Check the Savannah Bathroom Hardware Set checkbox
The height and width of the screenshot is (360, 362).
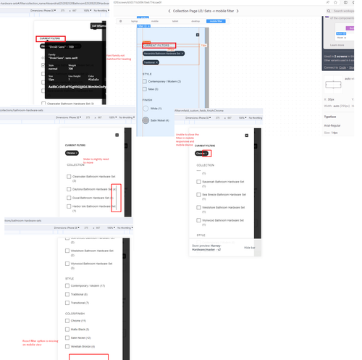[200, 182]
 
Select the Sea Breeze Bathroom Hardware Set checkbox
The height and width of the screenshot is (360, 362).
[200, 195]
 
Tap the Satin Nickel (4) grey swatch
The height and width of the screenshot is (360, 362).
[146, 120]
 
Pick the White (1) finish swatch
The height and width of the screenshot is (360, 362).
[146, 107]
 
